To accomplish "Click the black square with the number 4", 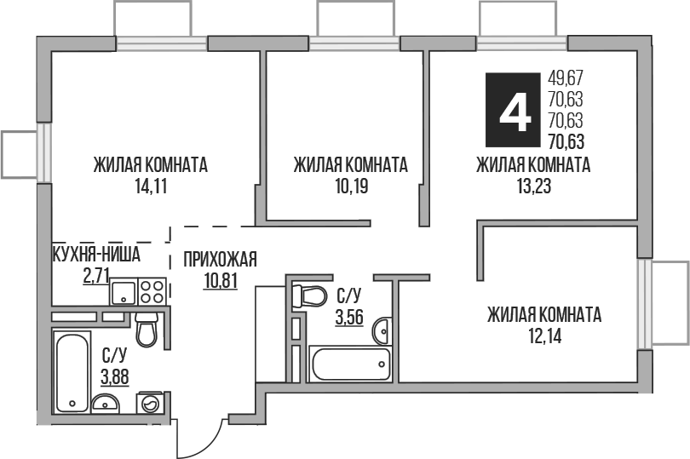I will click(513, 110).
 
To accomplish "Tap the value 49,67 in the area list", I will click(572, 76).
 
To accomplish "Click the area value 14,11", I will click(150, 186).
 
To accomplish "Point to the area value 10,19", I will click(349, 186).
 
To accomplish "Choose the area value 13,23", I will click(533, 186).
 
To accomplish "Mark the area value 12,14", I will click(544, 336).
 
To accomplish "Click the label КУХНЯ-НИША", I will click(96, 255).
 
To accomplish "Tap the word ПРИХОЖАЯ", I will click(220, 261).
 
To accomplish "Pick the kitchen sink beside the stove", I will click(123, 293).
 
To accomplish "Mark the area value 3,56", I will click(349, 318).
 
